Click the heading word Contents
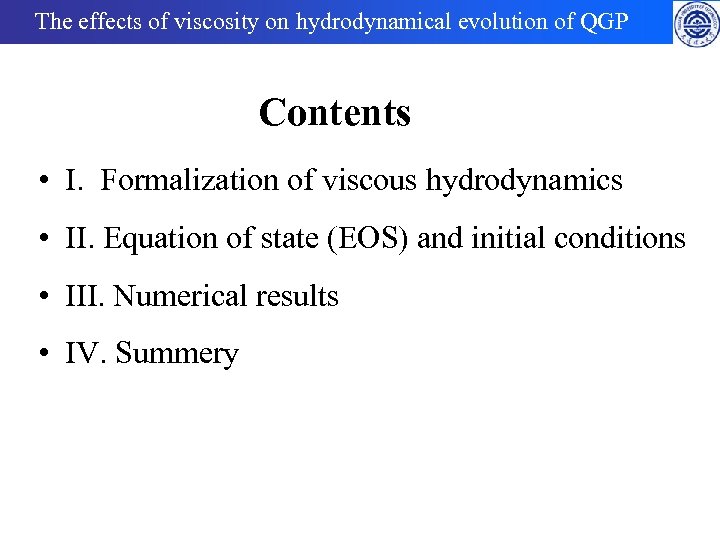click(x=334, y=113)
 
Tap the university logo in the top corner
click(x=696, y=23)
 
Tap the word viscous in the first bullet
click(x=374, y=181)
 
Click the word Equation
click(x=150, y=239)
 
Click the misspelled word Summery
click(x=177, y=355)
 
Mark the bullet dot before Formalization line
click(x=45, y=182)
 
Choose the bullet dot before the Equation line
click(x=45, y=240)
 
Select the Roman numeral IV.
click(x=83, y=354)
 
